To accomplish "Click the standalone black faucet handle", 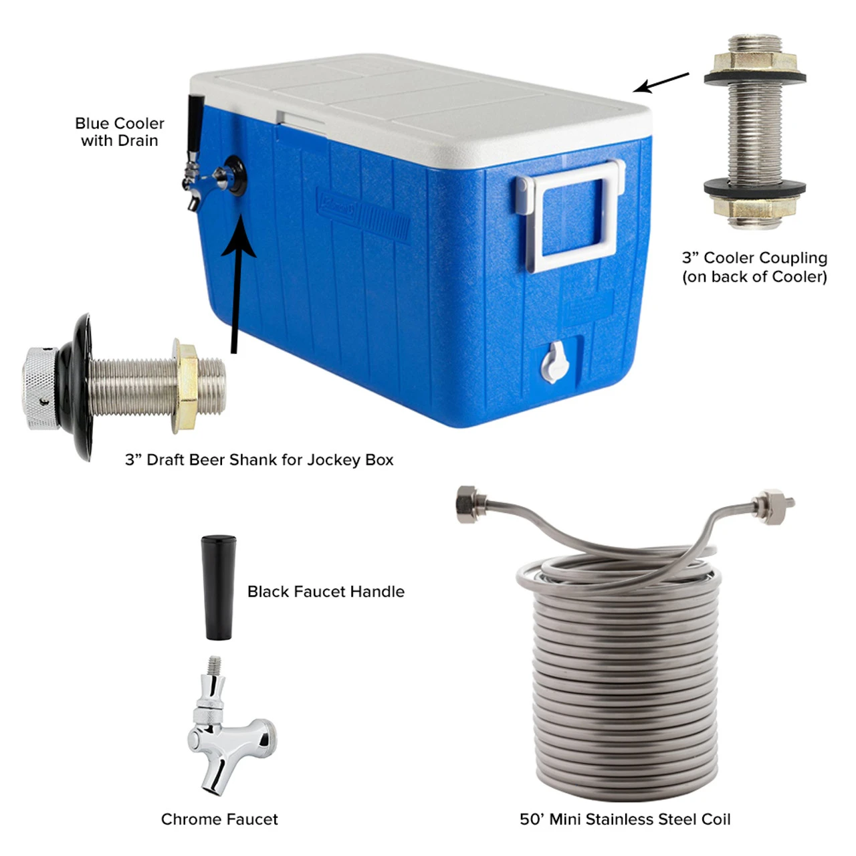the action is [x=219, y=587].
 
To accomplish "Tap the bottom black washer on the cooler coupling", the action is [x=754, y=187].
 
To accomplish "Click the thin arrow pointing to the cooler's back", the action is [x=661, y=83].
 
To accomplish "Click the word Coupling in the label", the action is [x=793, y=257].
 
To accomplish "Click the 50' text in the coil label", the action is [x=532, y=819].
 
